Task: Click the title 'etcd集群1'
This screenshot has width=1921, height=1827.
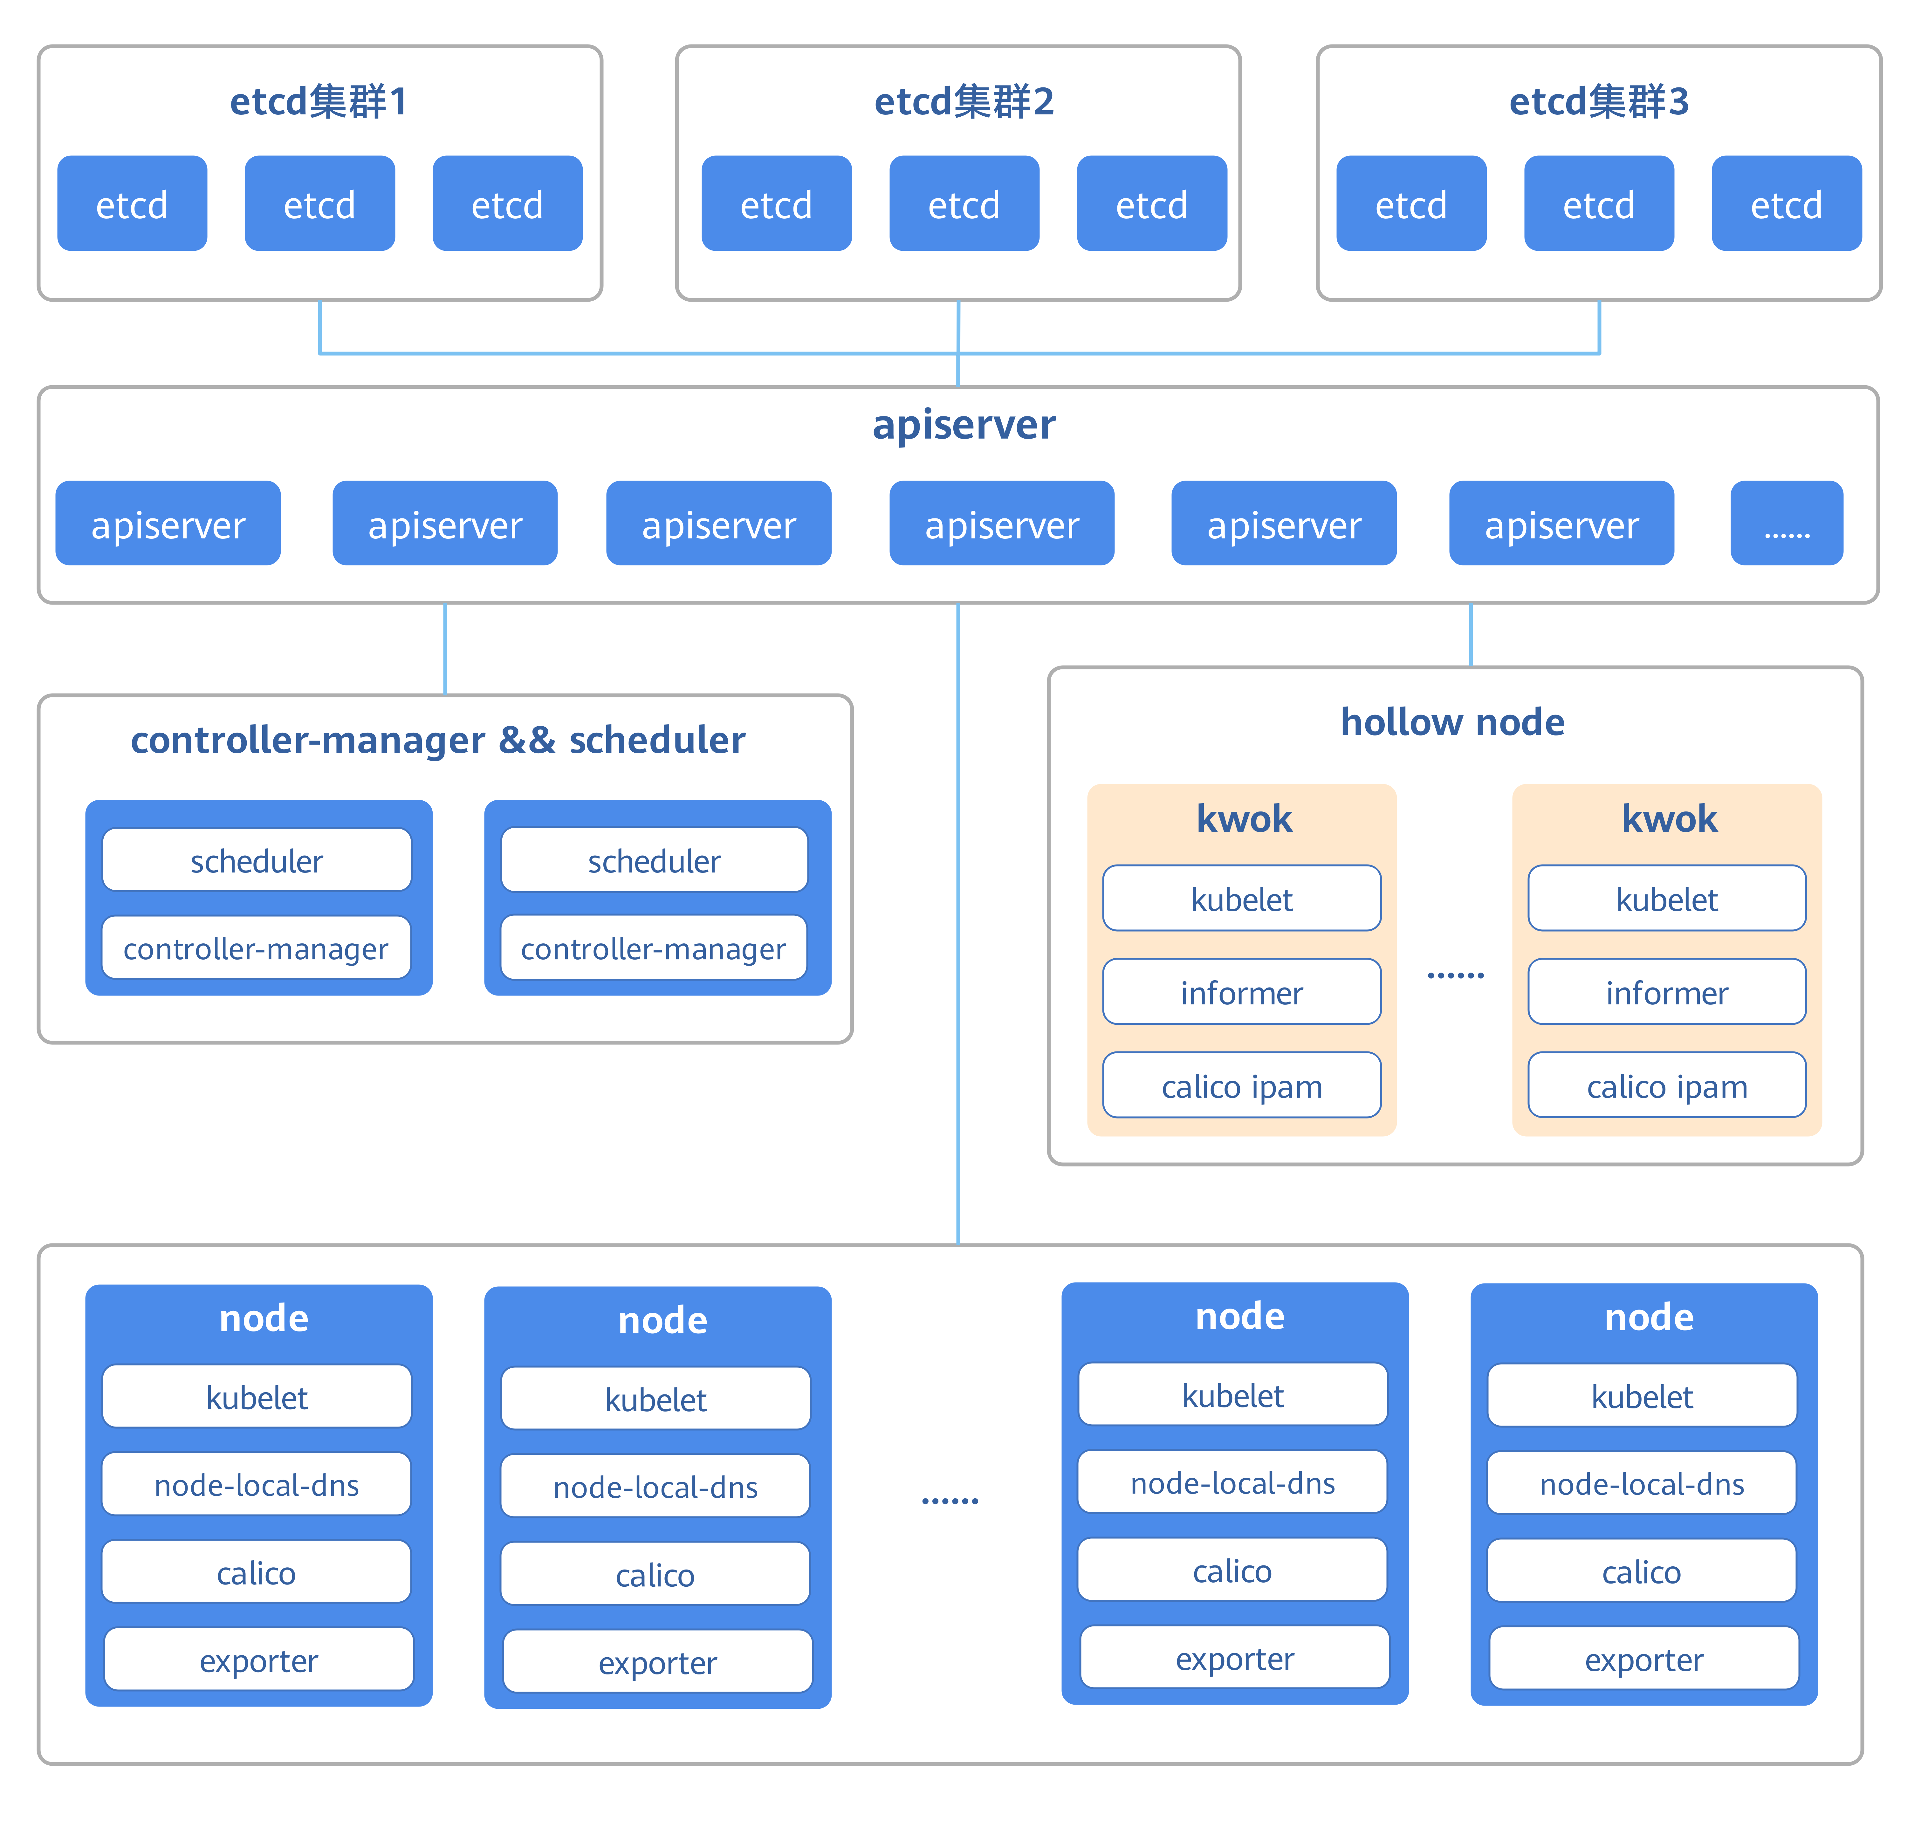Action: (x=319, y=101)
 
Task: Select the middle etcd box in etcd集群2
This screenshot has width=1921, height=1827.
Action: (x=964, y=204)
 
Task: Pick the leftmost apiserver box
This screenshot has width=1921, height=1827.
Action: (x=168, y=524)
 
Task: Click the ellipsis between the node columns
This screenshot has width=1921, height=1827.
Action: (x=950, y=1500)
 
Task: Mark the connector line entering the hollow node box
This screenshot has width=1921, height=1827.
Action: (x=1470, y=635)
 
